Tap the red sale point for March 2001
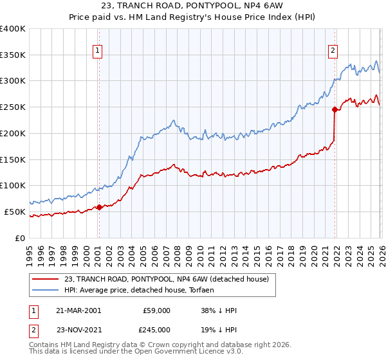[99, 207]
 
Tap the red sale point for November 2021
[335, 110]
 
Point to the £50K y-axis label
[15, 212]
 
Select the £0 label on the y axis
[21, 238]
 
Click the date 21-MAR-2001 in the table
[78, 310]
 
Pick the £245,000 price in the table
[156, 329]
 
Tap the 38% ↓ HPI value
[219, 310]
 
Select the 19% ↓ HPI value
[219, 329]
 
